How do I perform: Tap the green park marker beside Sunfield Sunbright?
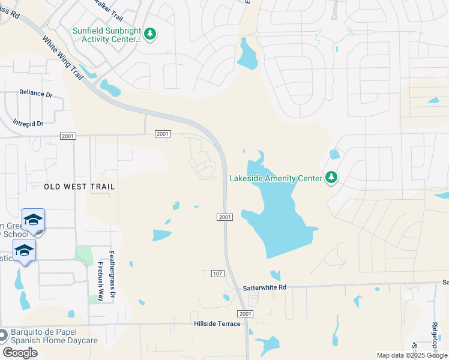pyautogui.click(x=151, y=34)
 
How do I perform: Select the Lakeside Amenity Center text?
pyautogui.click(x=275, y=178)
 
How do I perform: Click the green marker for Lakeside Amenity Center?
pyautogui.click(x=331, y=177)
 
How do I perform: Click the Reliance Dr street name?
pyautogui.click(x=36, y=94)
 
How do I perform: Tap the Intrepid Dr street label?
pyautogui.click(x=28, y=124)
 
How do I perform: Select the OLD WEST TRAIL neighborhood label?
pyautogui.click(x=79, y=187)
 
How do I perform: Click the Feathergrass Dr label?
pyautogui.click(x=112, y=277)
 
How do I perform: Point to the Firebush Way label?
pyautogui.click(x=101, y=281)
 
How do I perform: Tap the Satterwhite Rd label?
pyautogui.click(x=265, y=288)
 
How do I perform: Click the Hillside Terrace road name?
pyautogui.click(x=217, y=324)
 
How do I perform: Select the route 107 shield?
pyautogui.click(x=218, y=274)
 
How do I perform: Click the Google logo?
pyautogui.click(x=20, y=353)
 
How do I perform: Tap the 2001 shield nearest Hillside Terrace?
pyautogui.click(x=244, y=314)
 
